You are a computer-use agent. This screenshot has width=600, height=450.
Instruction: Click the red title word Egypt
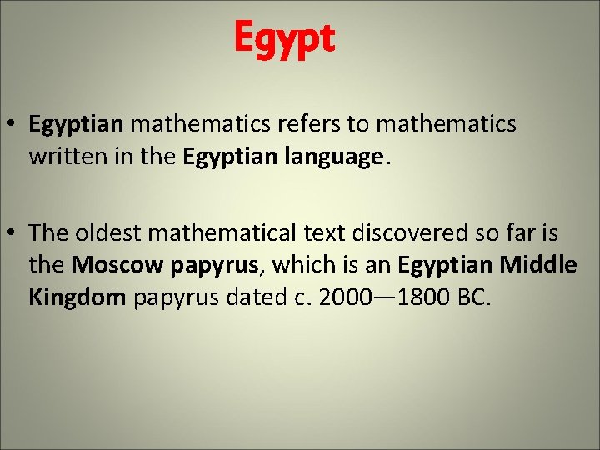[284, 38]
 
